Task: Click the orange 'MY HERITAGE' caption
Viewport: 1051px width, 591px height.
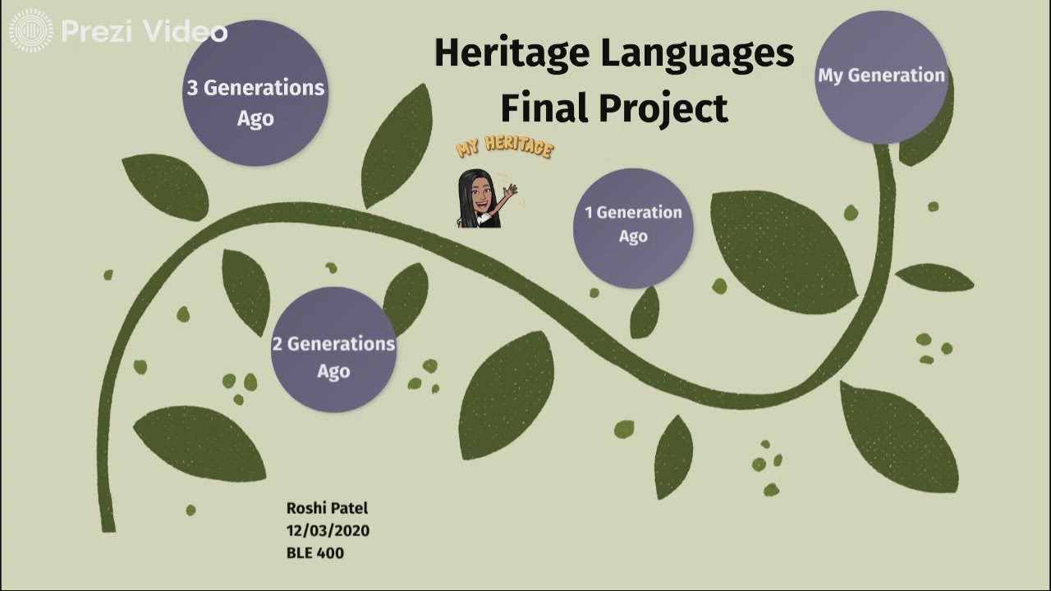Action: tap(505, 148)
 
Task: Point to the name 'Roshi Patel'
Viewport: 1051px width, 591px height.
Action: tap(327, 509)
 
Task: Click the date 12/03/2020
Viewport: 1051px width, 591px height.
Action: tap(328, 531)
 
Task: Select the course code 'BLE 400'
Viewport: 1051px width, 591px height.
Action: tap(315, 553)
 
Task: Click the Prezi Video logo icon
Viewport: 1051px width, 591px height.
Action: tap(30, 31)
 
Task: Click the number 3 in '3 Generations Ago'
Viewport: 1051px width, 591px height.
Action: tap(193, 89)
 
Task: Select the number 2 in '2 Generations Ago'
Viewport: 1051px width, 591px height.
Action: tap(278, 345)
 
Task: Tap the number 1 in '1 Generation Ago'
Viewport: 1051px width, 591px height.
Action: tap(589, 213)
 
